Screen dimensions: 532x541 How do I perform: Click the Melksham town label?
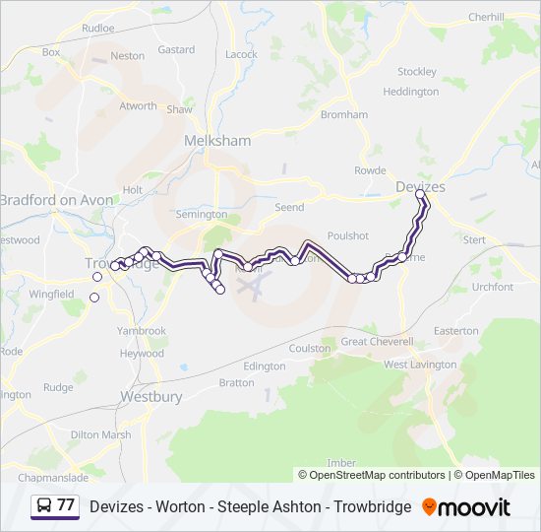click(x=217, y=141)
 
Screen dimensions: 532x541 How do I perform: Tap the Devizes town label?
click(x=420, y=186)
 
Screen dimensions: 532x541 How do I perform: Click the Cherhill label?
click(x=486, y=17)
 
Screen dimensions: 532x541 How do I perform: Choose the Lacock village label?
click(x=241, y=54)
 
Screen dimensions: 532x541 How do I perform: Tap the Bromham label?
click(x=343, y=114)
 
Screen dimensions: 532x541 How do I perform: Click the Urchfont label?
click(x=493, y=287)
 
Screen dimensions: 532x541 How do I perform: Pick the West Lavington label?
click(x=420, y=365)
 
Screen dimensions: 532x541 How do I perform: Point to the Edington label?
click(x=264, y=366)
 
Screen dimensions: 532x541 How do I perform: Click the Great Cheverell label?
click(x=377, y=341)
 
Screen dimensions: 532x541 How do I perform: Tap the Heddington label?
click(x=410, y=92)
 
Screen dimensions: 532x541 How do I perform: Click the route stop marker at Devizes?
click(x=420, y=195)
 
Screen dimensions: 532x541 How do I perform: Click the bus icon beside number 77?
click(x=44, y=506)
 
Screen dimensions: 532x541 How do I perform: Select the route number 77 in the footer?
click(x=66, y=506)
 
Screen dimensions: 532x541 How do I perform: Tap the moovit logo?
click(x=466, y=507)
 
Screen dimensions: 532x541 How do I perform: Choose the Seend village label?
click(x=289, y=208)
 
